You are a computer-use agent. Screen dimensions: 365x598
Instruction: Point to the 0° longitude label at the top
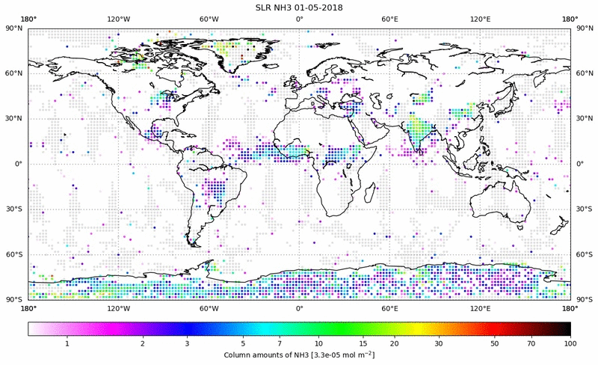[x=299, y=19]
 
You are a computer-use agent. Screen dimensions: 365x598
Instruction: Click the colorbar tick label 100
[x=570, y=343]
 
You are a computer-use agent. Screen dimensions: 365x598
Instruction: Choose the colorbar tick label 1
[x=67, y=343]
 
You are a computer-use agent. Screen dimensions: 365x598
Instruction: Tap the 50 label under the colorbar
[x=495, y=343]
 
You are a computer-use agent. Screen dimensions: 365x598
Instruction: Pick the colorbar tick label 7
[x=278, y=343]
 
